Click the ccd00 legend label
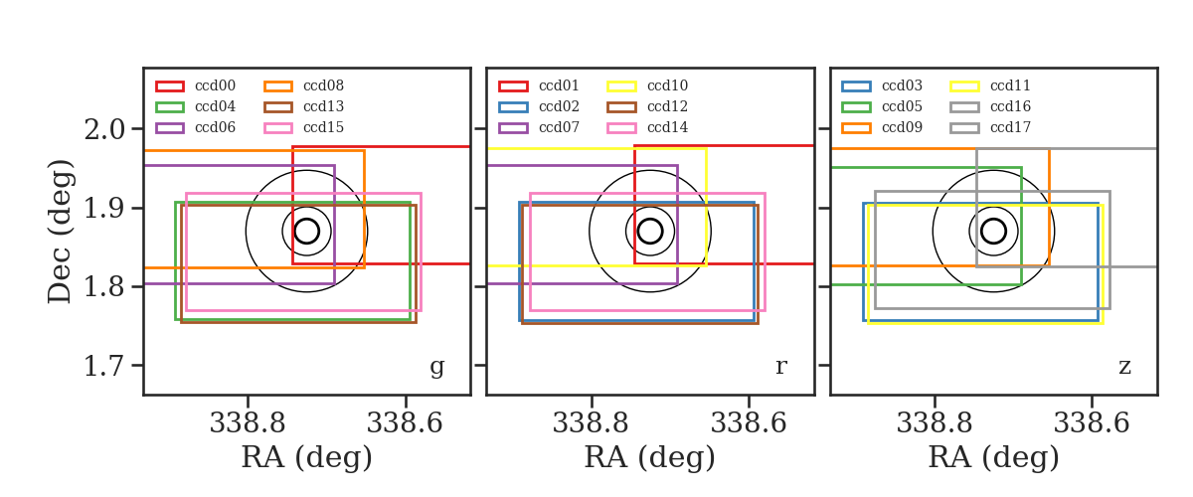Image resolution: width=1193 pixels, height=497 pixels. point(215,85)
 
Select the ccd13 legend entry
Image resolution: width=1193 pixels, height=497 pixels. point(323,106)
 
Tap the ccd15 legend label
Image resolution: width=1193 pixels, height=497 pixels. point(323,127)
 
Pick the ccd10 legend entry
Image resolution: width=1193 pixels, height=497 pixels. point(667,85)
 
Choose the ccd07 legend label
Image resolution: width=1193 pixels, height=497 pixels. point(559,127)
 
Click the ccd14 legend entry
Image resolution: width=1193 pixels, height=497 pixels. point(667,127)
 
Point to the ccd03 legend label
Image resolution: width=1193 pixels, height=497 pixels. point(902,85)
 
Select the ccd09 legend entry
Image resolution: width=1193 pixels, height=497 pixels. point(902,127)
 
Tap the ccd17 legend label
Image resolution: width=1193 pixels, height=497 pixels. point(1010,127)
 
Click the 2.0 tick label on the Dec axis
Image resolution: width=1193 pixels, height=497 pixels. point(105,129)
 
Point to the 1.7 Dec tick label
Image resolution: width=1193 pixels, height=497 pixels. point(105,366)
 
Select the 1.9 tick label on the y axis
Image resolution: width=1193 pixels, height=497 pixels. point(105,209)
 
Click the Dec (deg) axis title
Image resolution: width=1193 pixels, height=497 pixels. point(59,232)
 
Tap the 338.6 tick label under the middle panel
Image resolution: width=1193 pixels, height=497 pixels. point(749,423)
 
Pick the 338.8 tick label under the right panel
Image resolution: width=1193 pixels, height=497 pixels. point(935,423)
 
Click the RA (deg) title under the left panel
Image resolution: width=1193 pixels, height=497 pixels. point(307,457)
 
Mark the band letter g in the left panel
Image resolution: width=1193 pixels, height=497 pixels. point(436,367)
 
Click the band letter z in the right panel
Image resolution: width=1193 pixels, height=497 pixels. point(1124,367)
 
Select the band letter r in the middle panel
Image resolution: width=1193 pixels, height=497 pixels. point(780,367)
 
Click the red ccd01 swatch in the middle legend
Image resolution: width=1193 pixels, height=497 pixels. point(513,86)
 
